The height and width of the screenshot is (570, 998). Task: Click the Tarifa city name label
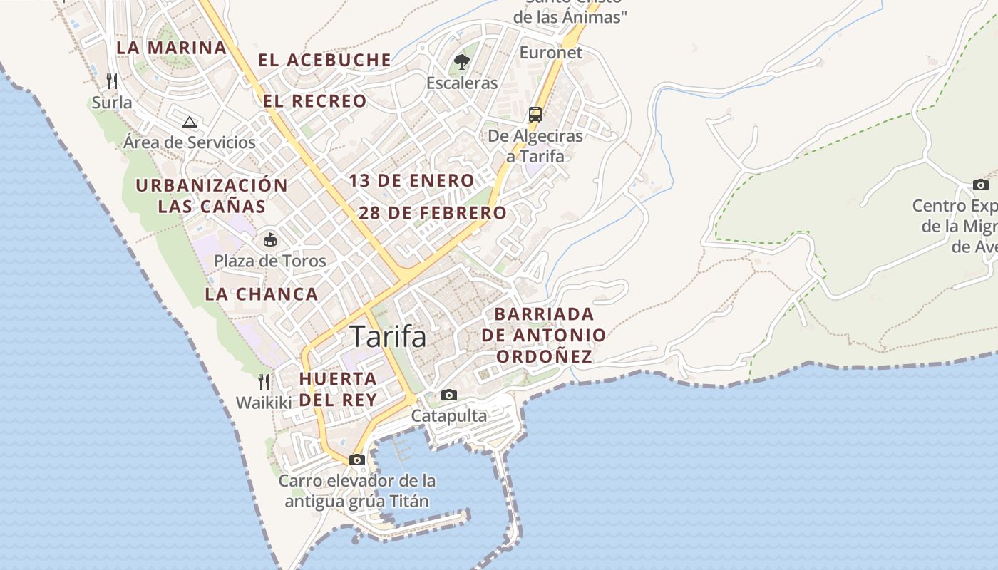tap(389, 336)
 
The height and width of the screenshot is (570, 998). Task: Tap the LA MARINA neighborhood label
tap(171, 48)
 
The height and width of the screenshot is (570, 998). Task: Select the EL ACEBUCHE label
tap(324, 61)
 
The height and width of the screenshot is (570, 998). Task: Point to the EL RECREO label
tap(314, 101)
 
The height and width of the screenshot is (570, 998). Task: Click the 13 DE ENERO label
tap(411, 181)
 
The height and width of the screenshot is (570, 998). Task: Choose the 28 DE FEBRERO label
tap(432, 213)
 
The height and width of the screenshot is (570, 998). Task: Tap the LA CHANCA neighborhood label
tap(261, 294)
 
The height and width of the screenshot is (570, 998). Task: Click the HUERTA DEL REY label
tap(338, 389)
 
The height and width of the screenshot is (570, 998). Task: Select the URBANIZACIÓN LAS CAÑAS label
tap(212, 196)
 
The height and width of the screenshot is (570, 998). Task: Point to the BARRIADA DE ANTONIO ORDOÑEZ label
tap(544, 335)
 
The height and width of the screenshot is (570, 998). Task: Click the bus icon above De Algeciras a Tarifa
tap(535, 114)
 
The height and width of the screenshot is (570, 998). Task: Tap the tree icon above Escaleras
tap(462, 62)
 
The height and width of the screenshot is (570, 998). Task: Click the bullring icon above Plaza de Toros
tap(270, 240)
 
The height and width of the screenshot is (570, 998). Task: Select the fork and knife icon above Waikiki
tap(264, 382)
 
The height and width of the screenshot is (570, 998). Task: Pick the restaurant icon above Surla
tap(112, 81)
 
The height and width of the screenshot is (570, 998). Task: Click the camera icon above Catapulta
tap(449, 395)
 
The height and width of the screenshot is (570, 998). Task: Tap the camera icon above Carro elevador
tap(357, 460)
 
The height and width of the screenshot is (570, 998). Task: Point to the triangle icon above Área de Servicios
tap(189, 122)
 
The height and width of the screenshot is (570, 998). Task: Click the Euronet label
tap(550, 53)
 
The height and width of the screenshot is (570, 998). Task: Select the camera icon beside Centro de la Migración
tap(981, 185)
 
